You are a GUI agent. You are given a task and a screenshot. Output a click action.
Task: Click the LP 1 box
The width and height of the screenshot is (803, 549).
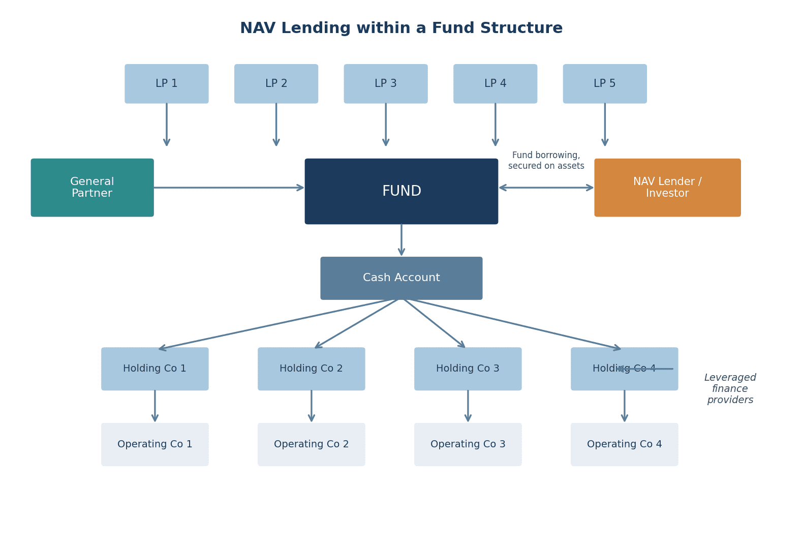point(167,84)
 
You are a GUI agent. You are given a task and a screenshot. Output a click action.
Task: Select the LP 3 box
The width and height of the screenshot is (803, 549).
point(386,84)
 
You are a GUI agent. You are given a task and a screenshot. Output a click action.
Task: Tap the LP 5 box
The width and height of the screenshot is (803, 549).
point(605,84)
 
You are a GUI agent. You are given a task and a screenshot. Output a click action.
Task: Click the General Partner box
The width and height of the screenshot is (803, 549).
point(92,188)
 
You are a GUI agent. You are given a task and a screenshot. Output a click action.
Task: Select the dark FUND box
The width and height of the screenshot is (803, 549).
point(402,191)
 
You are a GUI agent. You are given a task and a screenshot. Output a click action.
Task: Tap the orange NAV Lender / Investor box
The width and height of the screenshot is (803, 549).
point(667,188)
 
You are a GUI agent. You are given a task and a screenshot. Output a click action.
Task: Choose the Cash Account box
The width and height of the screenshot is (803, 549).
point(402,278)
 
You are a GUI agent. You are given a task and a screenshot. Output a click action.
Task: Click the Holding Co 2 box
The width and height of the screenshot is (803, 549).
point(312,369)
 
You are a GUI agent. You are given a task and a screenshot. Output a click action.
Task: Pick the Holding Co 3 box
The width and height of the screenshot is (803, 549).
point(468,369)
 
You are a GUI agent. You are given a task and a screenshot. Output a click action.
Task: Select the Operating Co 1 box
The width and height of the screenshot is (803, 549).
point(155,444)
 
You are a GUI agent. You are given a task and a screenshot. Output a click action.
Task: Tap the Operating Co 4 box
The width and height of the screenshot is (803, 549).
point(625,444)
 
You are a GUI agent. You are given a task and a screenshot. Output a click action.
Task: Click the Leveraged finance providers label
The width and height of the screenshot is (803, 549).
point(730,389)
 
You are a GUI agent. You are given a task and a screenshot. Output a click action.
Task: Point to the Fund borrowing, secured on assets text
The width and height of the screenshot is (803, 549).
point(546,161)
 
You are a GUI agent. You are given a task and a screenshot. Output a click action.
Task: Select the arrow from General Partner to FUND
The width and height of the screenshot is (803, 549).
point(229,188)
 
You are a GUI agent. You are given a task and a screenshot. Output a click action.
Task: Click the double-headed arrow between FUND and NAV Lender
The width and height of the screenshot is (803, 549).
point(546,188)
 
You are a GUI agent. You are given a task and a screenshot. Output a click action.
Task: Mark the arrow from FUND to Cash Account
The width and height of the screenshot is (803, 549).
point(402,240)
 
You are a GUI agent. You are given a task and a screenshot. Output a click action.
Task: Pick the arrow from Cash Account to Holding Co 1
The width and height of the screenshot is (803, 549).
point(277,324)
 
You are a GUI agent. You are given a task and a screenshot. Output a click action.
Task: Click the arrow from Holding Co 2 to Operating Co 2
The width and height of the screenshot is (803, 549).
point(312,406)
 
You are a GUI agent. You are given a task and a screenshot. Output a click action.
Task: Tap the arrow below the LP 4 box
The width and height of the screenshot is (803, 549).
point(496,125)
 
